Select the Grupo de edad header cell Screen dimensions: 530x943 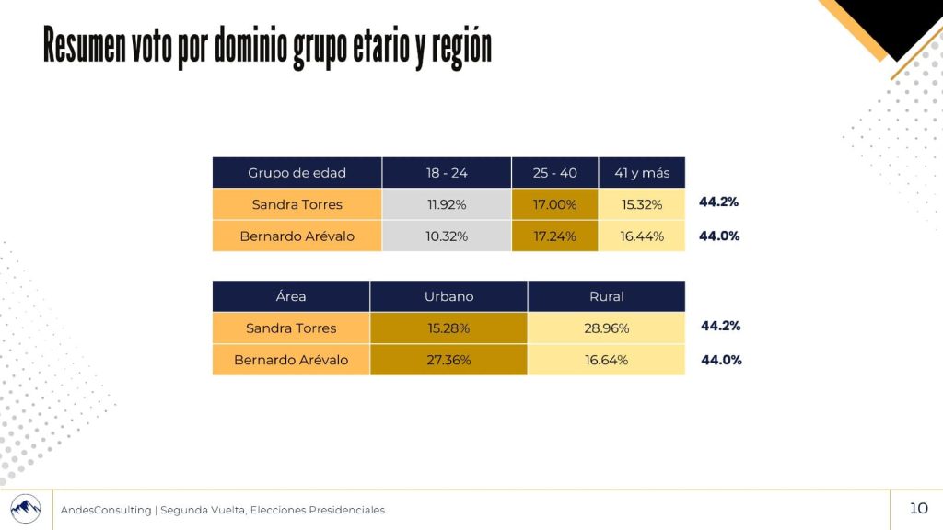(x=297, y=173)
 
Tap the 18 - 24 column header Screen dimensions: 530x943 (x=447, y=173)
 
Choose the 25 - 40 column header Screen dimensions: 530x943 (x=554, y=173)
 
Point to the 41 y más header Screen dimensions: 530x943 (x=642, y=173)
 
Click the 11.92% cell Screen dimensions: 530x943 (x=447, y=204)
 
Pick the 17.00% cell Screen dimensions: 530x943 (x=554, y=204)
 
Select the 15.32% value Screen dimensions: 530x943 (x=642, y=204)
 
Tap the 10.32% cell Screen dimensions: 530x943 (x=447, y=236)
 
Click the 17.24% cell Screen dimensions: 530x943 (x=554, y=236)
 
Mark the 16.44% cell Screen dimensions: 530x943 (x=642, y=236)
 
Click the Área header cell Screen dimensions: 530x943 (x=291, y=296)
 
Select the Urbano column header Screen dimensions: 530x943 (x=448, y=296)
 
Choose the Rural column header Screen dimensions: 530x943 (x=606, y=296)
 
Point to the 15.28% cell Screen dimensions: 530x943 (x=448, y=328)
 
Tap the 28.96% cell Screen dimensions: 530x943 (x=606, y=328)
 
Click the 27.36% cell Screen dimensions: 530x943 (x=448, y=360)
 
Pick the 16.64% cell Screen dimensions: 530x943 (x=606, y=360)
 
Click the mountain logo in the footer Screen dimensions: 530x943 (x=26, y=509)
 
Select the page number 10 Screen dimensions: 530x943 (x=918, y=508)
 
